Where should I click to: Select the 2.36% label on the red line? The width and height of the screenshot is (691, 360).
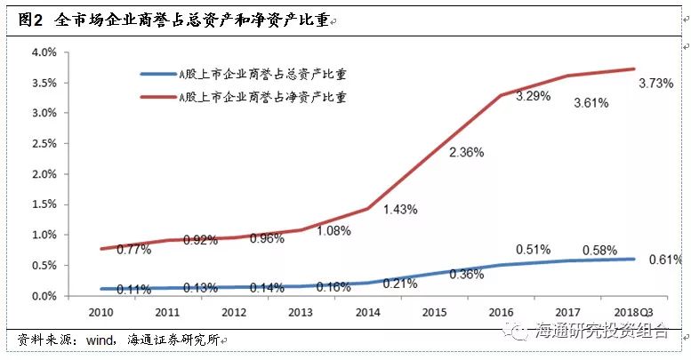(467, 152)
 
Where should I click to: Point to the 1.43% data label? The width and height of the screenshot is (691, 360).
(400, 209)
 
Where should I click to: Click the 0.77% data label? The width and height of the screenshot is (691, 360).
(134, 249)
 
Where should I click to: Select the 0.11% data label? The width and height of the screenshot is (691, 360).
(134, 288)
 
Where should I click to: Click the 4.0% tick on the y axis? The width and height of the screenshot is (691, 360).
(44, 52)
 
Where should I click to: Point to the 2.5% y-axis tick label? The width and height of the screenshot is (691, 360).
(44, 144)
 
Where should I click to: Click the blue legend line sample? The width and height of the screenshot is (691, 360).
(157, 76)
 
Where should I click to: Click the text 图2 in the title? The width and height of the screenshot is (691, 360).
(31, 20)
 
